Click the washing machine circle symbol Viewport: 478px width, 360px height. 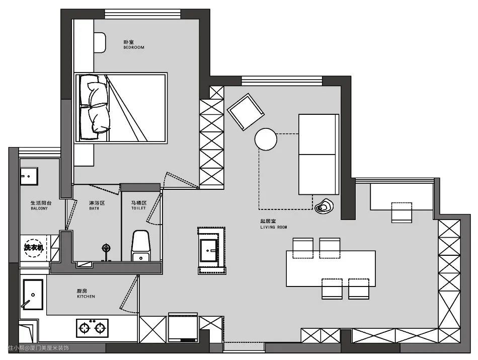click(34, 248)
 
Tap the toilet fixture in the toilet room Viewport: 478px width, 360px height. click(140, 246)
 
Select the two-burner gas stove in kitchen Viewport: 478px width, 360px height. click(92, 328)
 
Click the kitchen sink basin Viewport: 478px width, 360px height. click(33, 295)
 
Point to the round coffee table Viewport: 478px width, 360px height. click(266, 139)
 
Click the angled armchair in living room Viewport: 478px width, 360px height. click(246, 112)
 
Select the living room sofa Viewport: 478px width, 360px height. click(319, 155)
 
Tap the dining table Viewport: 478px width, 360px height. click(331, 268)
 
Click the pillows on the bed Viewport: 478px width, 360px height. click(95, 107)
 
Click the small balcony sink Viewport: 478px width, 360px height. click(29, 176)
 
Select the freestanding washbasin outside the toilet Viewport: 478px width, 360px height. click(211, 250)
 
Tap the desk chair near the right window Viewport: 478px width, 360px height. click(402, 212)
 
